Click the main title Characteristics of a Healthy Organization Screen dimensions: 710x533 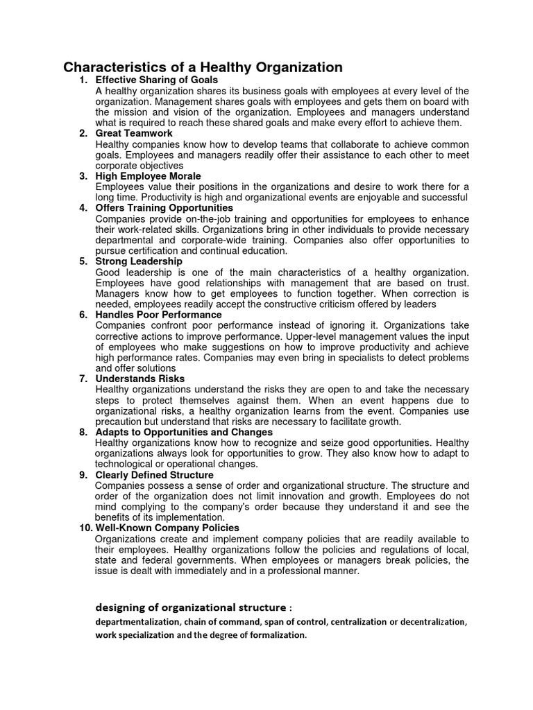pyautogui.click(x=203, y=67)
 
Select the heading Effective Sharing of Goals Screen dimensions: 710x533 pyautogui.click(x=157, y=80)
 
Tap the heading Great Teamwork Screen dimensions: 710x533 pyautogui.click(x=134, y=133)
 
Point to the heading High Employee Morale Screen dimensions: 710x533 pyautogui.click(x=148, y=176)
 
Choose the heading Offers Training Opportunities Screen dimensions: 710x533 pyautogui.click(x=164, y=208)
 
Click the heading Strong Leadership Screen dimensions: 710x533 pyautogui.click(x=139, y=261)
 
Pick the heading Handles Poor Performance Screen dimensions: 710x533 pyautogui.click(x=158, y=315)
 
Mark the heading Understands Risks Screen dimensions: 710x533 pyautogui.click(x=139, y=379)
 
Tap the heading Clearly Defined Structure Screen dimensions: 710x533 pyautogui.click(x=154, y=475)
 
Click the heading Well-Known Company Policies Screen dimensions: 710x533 pyautogui.click(x=167, y=528)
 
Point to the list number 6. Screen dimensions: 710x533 pyautogui.click(x=83, y=315)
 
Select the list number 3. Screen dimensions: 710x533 pyautogui.click(x=83, y=176)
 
